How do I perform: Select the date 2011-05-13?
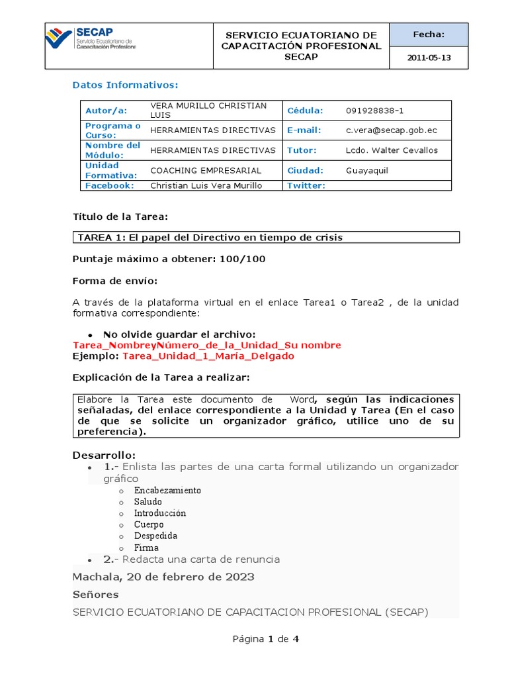[x=429, y=58]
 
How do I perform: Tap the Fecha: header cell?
[x=429, y=34]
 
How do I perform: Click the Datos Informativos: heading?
[x=125, y=85]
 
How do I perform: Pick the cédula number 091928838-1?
[x=374, y=111]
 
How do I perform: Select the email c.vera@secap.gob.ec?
[x=391, y=131]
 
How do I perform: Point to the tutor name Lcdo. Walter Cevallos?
[x=392, y=150]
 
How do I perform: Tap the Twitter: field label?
[x=306, y=185]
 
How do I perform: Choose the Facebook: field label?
[x=110, y=185]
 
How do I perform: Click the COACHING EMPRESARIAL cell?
[x=206, y=170]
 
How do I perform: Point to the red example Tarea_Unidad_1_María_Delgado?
[x=208, y=356]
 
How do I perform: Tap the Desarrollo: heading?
[x=103, y=455]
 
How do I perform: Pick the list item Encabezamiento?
[x=167, y=491]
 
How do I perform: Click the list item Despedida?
[x=155, y=536]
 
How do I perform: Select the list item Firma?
[x=146, y=548]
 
